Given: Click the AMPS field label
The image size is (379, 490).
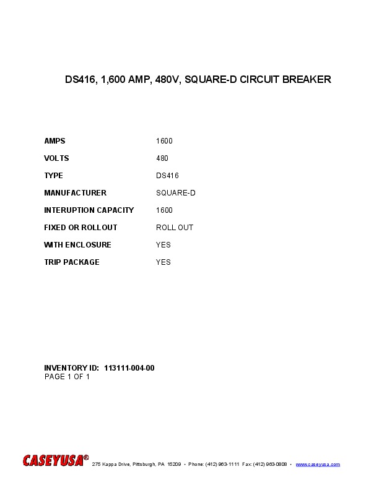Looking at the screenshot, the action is pyautogui.click(x=54, y=141).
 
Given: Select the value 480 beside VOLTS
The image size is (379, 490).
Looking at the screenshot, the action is pyautogui.click(x=162, y=158).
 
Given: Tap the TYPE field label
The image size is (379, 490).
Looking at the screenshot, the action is pyautogui.click(x=53, y=176).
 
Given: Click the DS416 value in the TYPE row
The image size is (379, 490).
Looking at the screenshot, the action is pyautogui.click(x=167, y=176).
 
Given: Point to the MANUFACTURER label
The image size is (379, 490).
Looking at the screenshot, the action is pyautogui.click(x=76, y=193).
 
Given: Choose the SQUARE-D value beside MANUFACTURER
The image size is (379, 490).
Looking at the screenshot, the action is pyautogui.click(x=176, y=193).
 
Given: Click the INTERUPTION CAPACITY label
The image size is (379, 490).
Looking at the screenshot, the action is pyautogui.click(x=89, y=210).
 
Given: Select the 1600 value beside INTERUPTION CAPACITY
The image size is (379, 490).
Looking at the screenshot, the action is pyautogui.click(x=164, y=210).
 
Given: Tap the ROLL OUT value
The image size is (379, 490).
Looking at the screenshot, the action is pyautogui.click(x=175, y=228).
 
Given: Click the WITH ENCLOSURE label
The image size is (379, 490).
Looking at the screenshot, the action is pyautogui.click(x=77, y=244).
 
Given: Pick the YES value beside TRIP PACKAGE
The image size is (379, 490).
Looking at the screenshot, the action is pyautogui.click(x=163, y=262).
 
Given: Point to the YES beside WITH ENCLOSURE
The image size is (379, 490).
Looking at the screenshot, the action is pyautogui.click(x=163, y=244).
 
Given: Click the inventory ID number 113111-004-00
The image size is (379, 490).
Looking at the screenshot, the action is pyautogui.click(x=129, y=368).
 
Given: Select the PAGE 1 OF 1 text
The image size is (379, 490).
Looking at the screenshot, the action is pyautogui.click(x=67, y=377).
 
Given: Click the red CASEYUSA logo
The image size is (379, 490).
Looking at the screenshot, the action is pyautogui.click(x=55, y=461).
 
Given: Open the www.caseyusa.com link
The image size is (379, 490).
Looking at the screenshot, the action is pyautogui.click(x=318, y=465).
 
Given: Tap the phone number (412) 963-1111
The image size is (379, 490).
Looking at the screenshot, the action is pyautogui.click(x=222, y=465).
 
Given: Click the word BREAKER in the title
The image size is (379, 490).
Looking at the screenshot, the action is pyautogui.click(x=307, y=79).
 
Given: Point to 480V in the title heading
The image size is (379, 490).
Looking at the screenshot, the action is pyautogui.click(x=168, y=79).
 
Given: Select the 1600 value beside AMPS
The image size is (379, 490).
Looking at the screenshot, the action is pyautogui.click(x=164, y=141).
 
